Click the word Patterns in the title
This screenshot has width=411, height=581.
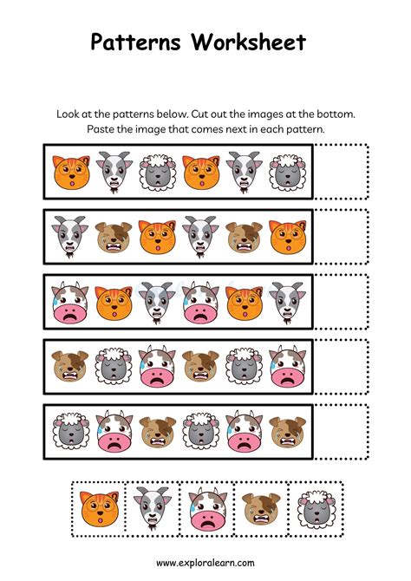point(140,42)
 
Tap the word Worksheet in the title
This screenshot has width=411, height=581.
point(253,42)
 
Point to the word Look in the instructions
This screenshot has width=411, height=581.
point(73,114)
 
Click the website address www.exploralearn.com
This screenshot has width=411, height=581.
point(205,562)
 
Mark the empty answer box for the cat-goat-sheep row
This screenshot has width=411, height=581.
point(341,171)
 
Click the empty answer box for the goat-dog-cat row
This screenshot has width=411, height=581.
point(341,236)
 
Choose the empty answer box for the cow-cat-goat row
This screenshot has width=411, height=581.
point(341,300)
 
